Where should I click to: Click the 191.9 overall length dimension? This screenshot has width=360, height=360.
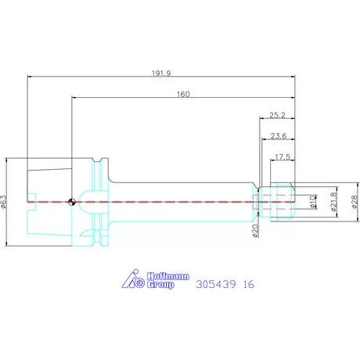pos(161,74)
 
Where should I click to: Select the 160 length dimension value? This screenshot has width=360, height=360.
pos(183,94)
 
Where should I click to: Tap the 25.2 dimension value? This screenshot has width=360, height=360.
pos(277,115)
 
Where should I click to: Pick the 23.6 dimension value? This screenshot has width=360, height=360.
pos(279,136)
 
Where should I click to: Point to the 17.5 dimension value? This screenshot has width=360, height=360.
pos(283,157)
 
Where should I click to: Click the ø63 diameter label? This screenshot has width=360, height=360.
pos(3,202)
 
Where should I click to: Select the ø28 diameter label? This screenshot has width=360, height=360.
pos(355,202)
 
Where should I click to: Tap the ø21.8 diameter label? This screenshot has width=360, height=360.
pos(333,202)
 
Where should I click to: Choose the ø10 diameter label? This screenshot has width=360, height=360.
pos(312,202)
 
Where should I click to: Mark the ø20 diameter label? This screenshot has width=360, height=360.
pos(255,231)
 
